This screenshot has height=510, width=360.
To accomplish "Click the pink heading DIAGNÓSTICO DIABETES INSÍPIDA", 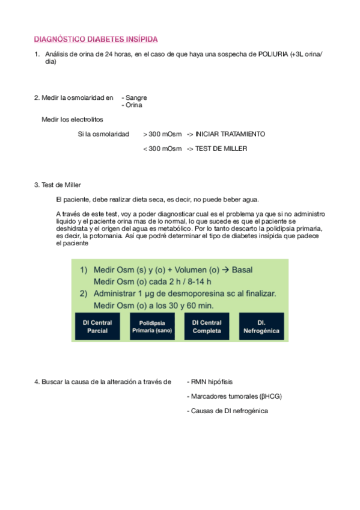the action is point(96,40).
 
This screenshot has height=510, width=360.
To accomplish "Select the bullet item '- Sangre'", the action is point(135,97).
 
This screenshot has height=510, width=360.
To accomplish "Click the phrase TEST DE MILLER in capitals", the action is point(221,149).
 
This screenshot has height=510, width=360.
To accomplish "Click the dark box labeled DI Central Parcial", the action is point(97,327).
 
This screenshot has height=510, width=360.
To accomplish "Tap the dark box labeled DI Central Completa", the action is point(207,327).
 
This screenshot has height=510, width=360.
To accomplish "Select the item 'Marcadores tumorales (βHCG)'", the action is point(235,396).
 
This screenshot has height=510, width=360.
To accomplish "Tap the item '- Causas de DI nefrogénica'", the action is point(228,411).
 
